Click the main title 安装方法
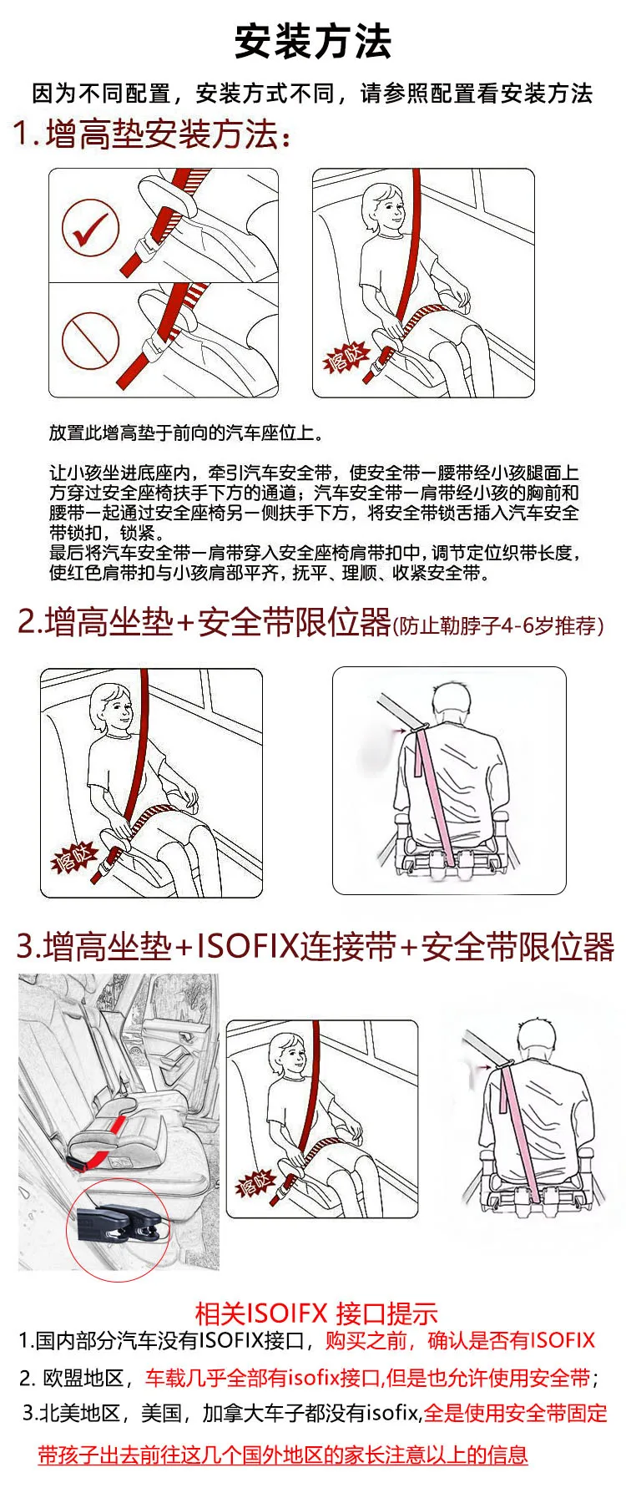(313, 42)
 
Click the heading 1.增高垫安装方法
(152, 134)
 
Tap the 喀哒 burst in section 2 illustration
(74, 857)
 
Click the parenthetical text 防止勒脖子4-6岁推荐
(497, 625)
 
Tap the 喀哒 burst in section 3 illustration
(255, 1184)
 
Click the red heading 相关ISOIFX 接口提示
(316, 1313)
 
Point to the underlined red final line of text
(283, 1455)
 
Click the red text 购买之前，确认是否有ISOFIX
(460, 1341)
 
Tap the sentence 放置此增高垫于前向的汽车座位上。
(186, 433)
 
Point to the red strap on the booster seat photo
(100, 1148)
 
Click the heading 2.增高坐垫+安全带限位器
(204, 622)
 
